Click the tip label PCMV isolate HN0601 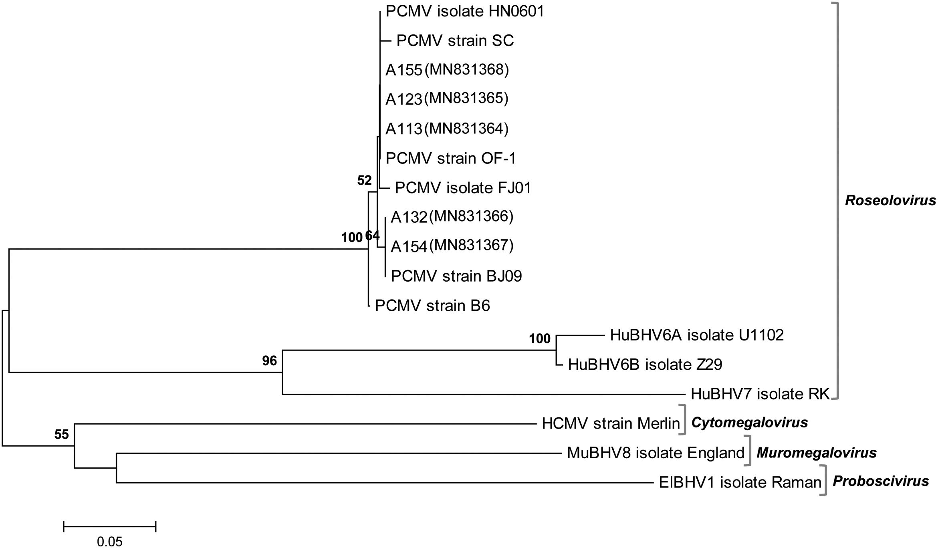coord(465,11)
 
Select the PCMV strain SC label coord(455,40)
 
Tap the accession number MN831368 coord(466,69)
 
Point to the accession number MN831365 coord(466,98)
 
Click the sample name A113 coord(403,129)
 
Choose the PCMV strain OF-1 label coord(450,158)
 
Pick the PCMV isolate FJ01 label coord(463,187)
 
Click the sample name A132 coord(409,217)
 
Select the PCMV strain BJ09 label coord(456,276)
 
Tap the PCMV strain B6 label coord(432,306)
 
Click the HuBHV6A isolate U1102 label coord(696,335)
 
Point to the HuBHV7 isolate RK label coord(760,394)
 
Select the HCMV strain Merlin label coord(611,423)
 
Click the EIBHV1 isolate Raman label coord(740,482)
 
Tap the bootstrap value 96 coord(269,361)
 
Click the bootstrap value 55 coord(62,435)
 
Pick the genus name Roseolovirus coord(890,200)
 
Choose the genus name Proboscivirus coord(881,481)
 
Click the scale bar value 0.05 coord(109,542)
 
